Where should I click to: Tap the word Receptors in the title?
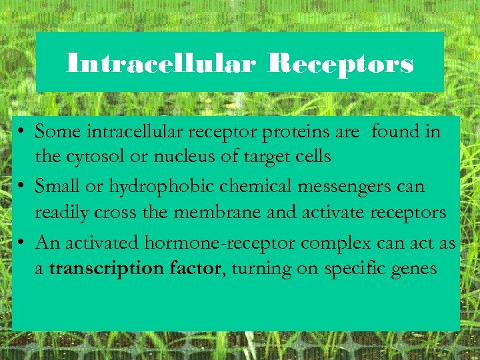click(341, 64)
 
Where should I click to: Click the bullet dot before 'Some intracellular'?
click(23, 132)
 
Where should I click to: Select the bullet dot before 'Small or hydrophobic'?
click(23, 187)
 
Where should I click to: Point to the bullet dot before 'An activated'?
click(23, 242)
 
